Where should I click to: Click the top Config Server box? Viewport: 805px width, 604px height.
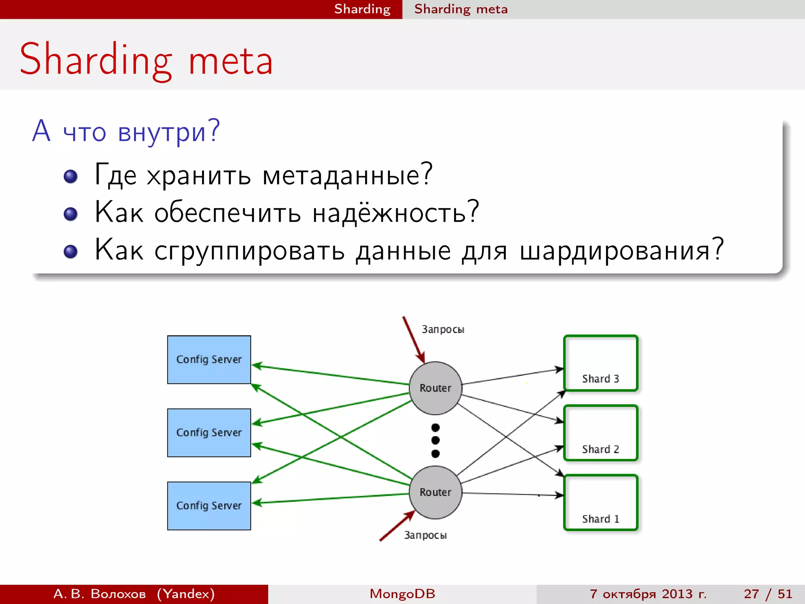[209, 359]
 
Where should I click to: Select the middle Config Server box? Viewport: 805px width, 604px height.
[209, 433]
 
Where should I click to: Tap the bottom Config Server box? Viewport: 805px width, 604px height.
[209, 506]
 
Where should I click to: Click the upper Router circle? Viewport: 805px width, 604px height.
[435, 388]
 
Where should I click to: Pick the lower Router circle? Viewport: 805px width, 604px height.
[435, 492]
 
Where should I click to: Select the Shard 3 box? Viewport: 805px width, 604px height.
[600, 363]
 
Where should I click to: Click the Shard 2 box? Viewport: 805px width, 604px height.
[600, 433]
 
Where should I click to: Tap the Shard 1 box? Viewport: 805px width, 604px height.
[600, 503]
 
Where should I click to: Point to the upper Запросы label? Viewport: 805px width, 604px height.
[443, 330]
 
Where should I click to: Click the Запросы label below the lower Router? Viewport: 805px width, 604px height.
[425, 535]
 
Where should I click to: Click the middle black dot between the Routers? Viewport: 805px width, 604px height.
[435, 440]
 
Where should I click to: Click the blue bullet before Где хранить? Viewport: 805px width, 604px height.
[71, 177]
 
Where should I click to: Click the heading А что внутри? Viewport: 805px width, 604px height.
[126, 131]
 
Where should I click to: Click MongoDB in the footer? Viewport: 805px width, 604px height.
[402, 594]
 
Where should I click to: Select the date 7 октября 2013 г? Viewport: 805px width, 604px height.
[648, 594]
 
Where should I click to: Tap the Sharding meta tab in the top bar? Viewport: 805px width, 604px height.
[461, 9]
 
